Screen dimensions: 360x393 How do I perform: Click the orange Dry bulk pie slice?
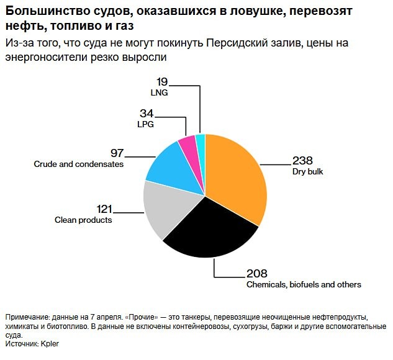tap(236, 177)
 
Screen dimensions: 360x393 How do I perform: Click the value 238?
tap(302, 159)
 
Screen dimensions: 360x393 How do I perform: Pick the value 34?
tap(147, 114)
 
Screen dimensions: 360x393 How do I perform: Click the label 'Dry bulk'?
tap(308, 171)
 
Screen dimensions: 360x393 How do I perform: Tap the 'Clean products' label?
tap(83, 220)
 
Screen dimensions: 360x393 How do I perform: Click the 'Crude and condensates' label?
tap(78, 164)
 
